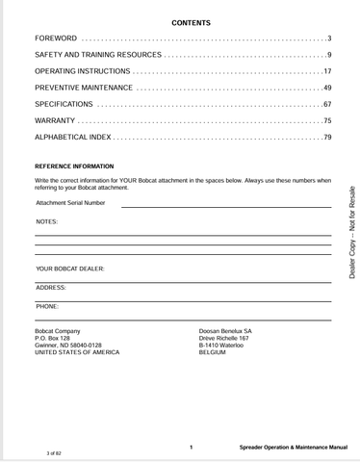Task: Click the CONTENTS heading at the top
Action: pyautogui.click(x=191, y=22)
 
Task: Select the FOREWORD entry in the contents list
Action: pyautogui.click(x=57, y=38)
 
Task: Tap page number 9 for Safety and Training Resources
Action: pyautogui.click(x=328, y=55)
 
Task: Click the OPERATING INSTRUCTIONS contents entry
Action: pyautogui.click(x=82, y=71)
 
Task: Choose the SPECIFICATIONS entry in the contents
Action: pyautogui.click(x=64, y=104)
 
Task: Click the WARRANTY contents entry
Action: pyautogui.click(x=54, y=120)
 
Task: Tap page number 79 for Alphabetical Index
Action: pyautogui.click(x=326, y=138)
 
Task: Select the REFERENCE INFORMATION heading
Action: pyautogui.click(x=74, y=167)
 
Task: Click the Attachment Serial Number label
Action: pyautogui.click(x=70, y=203)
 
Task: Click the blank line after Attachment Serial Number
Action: pyautogui.click(x=226, y=205)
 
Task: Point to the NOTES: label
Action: pyautogui.click(x=46, y=221)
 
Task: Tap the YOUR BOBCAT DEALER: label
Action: pyautogui.click(x=70, y=269)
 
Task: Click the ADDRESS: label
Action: pyautogui.click(x=51, y=287)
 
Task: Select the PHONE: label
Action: pyautogui.click(x=47, y=305)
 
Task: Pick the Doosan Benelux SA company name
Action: pyautogui.click(x=225, y=329)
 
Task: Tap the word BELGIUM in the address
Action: pyautogui.click(x=212, y=352)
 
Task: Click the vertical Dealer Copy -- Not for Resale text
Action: pyautogui.click(x=351, y=234)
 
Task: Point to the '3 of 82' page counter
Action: pyautogui.click(x=54, y=451)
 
